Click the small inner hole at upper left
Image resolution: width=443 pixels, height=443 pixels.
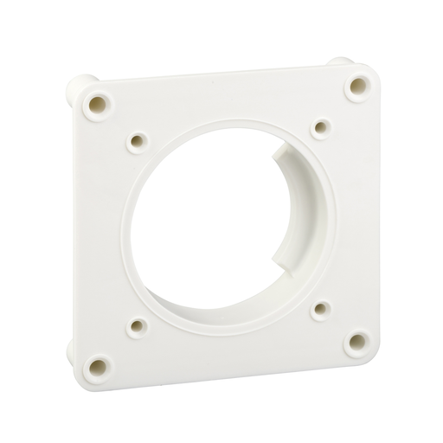[x=137, y=139]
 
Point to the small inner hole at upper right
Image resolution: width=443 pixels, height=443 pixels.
[x=321, y=128]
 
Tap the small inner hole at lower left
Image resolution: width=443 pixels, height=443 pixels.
[x=138, y=326]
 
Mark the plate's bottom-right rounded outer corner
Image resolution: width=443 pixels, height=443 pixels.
[x=370, y=356]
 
